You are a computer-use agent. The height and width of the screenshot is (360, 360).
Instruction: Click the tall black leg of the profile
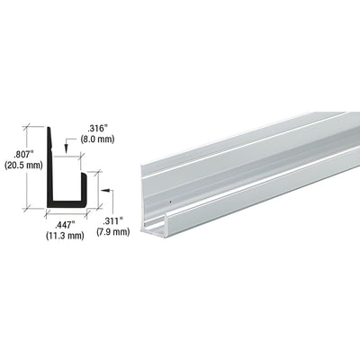52,171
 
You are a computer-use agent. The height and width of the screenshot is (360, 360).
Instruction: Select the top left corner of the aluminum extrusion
142,164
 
